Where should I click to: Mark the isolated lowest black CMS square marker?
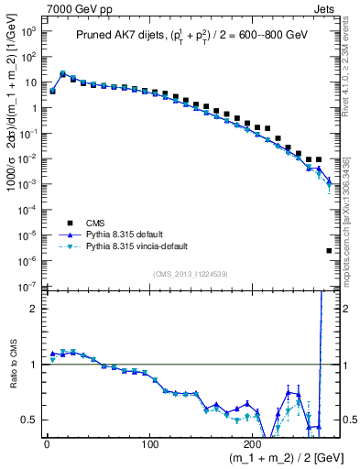329,250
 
